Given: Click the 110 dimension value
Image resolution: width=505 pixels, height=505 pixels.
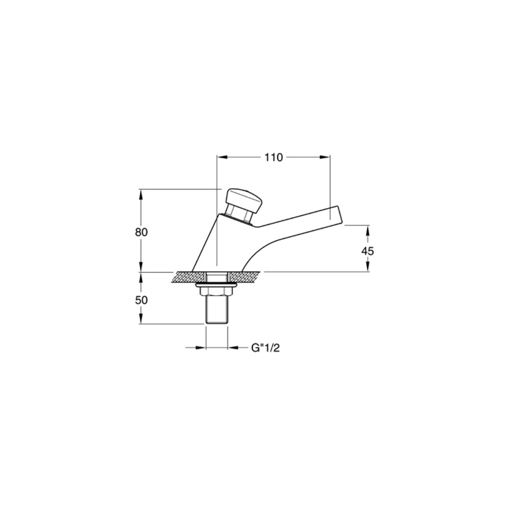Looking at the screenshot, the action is (x=273, y=158).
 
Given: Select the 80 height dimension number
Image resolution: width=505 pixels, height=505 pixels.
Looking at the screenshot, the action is (x=141, y=232).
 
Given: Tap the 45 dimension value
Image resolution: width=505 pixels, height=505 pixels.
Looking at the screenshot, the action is (x=367, y=251).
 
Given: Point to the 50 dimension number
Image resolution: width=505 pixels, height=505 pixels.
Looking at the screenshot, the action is (x=141, y=300).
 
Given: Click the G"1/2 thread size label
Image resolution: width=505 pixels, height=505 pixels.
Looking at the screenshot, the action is (x=265, y=348).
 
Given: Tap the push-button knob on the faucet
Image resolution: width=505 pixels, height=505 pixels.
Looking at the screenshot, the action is (x=245, y=201).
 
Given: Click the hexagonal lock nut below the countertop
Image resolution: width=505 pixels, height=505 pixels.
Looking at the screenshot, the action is (x=217, y=291).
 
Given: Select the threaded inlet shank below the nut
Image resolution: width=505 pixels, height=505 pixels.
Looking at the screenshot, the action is (x=217, y=310).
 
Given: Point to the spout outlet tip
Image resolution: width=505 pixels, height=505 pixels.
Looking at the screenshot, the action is (x=336, y=215).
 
